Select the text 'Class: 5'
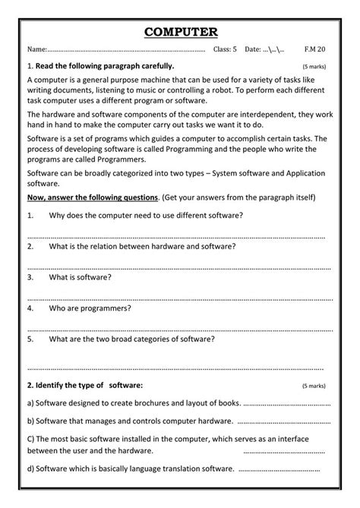tap(225, 50)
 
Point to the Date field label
tap(253, 50)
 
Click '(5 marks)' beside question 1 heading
tap(313, 67)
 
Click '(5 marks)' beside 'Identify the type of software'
tap(313, 385)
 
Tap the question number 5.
tap(30, 339)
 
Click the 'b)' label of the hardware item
tap(30, 420)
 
